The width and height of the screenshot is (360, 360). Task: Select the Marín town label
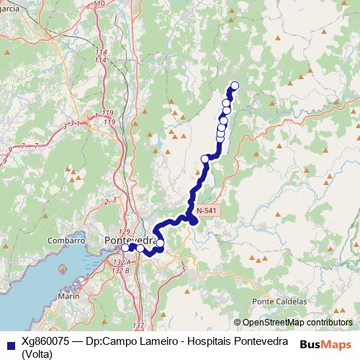point(68,296)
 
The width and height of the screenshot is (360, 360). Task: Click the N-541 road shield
point(206,210)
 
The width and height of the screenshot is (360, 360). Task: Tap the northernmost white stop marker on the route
point(233,86)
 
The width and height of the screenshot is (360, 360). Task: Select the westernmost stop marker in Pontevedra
point(125,248)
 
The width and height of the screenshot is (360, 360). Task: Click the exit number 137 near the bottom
point(138,326)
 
